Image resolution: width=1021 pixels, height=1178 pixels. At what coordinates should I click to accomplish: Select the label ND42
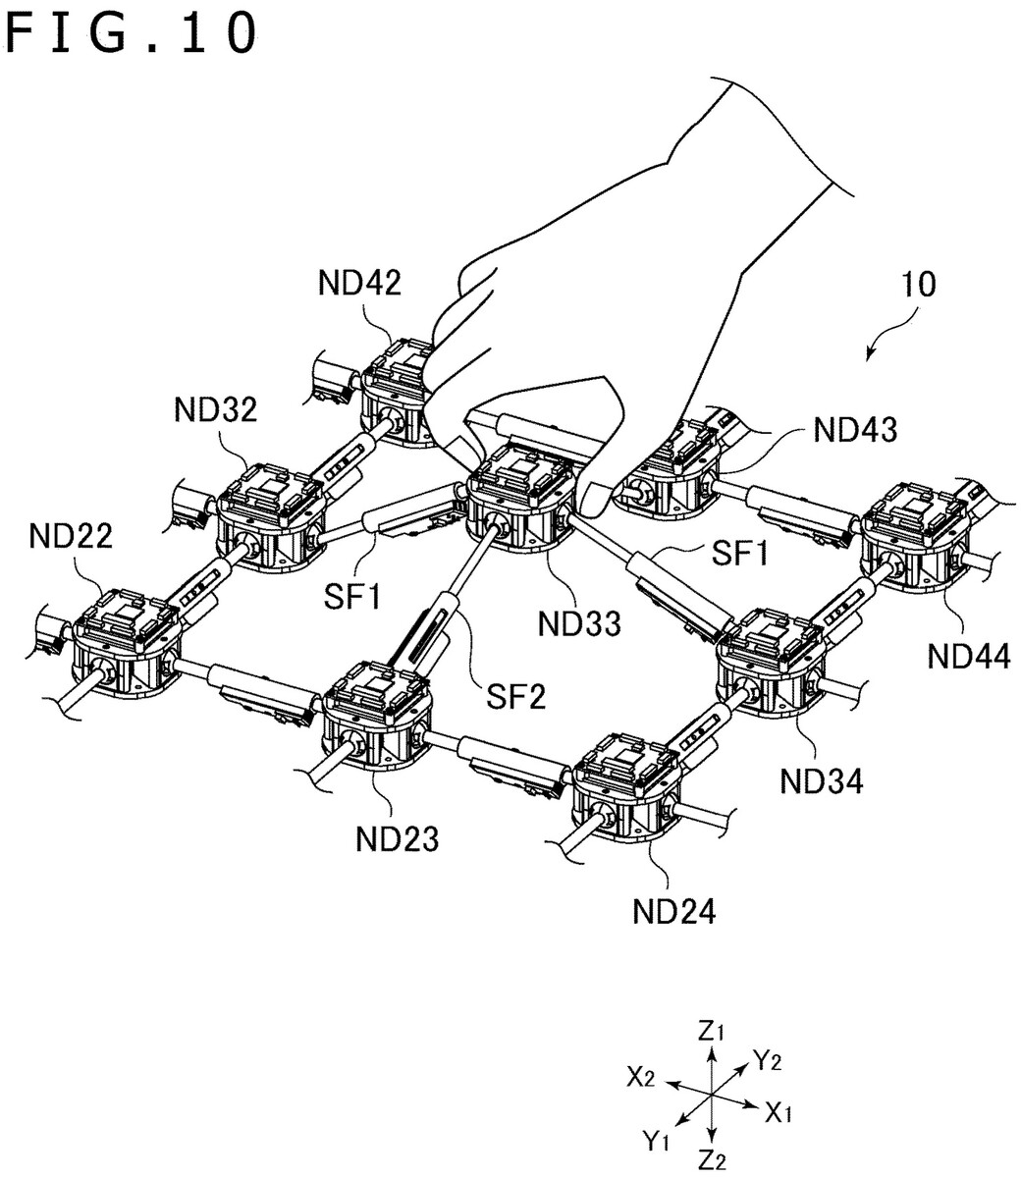[x=358, y=284]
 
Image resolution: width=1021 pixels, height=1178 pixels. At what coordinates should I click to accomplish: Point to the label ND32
[x=216, y=409]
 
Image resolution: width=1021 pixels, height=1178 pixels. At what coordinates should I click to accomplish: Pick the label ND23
[x=397, y=839]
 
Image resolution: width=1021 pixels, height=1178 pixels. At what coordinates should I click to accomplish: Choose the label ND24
[x=673, y=911]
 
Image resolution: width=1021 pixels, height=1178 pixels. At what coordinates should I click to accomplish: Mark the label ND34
[x=822, y=781]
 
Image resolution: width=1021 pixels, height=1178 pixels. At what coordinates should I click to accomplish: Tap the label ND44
[x=969, y=657]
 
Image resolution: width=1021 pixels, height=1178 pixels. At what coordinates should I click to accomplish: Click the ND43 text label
[x=854, y=429]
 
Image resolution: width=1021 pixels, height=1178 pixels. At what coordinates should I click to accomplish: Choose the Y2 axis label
[x=768, y=1058]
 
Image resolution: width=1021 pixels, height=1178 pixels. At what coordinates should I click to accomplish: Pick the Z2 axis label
[x=712, y=1159]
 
